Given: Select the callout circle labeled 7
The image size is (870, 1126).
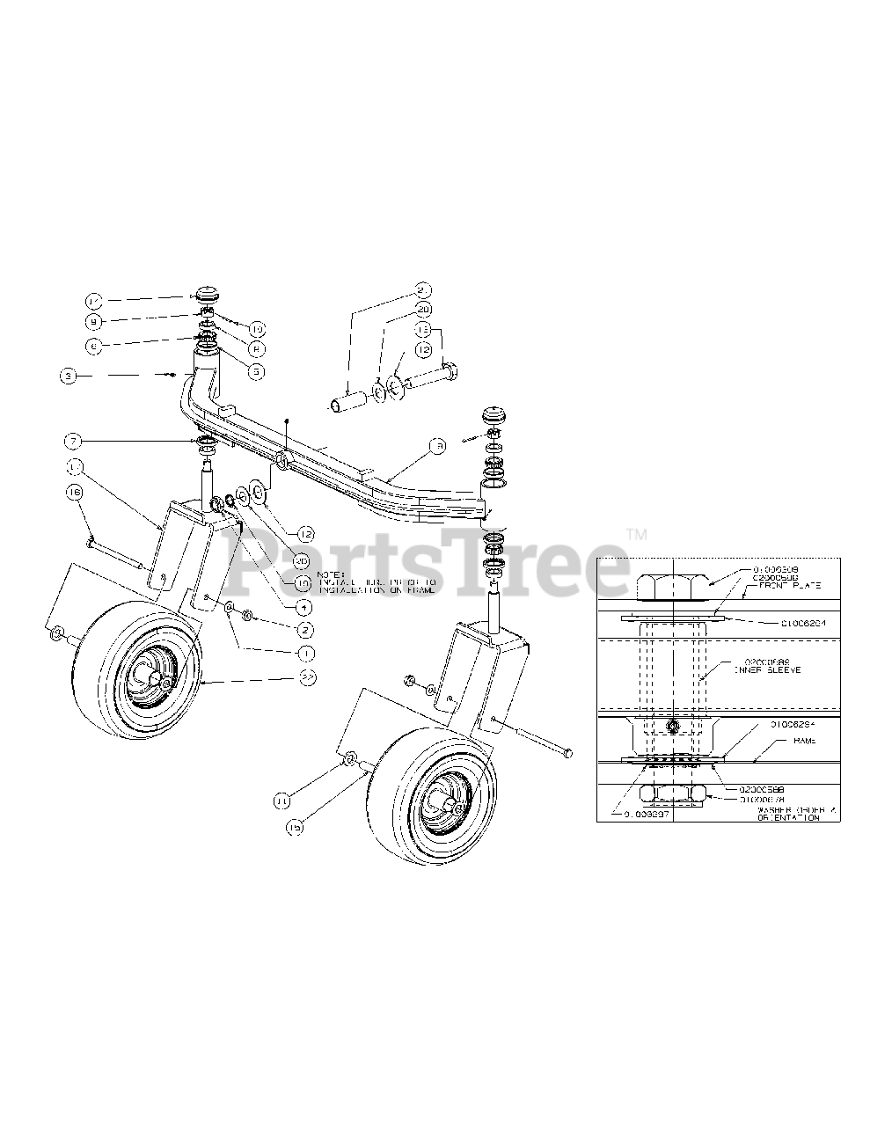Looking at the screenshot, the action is point(74,438).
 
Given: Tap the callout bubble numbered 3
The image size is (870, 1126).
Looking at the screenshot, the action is point(69,376).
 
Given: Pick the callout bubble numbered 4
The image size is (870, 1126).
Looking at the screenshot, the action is point(303,606).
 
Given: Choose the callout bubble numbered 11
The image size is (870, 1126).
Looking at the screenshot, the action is point(282,801).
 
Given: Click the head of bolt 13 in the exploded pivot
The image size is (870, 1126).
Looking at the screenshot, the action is point(448,374).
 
